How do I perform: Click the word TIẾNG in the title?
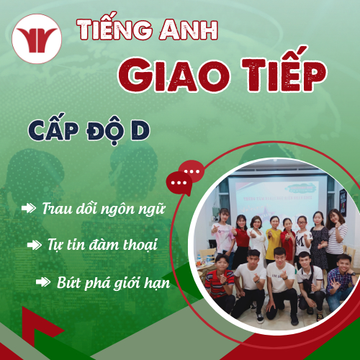pos(108,30)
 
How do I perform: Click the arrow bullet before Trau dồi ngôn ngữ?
pos(29,209)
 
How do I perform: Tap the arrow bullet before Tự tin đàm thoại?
pos(35,245)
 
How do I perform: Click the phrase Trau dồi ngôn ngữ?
pos(104,210)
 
